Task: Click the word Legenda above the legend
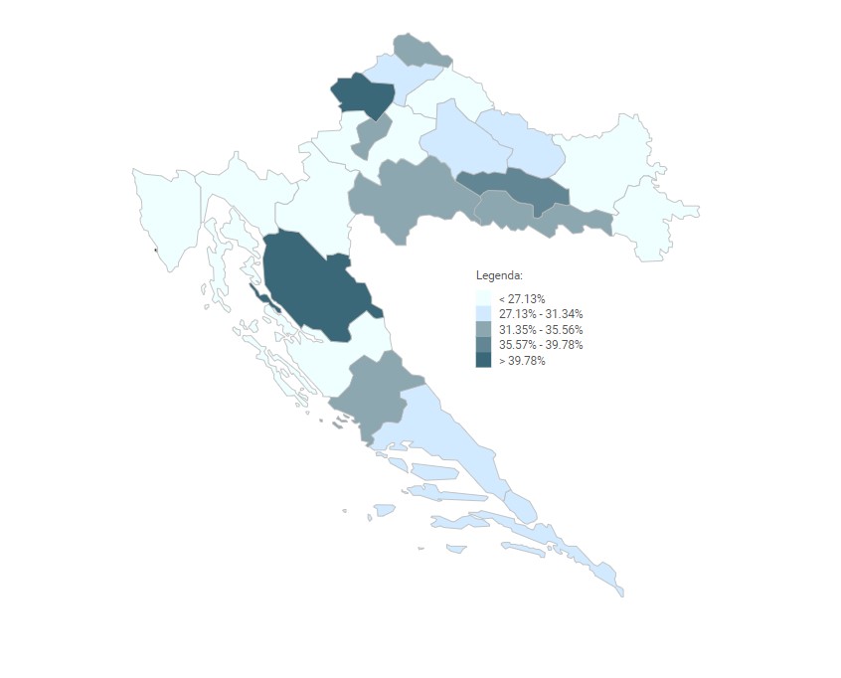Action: (499, 275)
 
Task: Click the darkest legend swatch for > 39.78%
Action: (483, 361)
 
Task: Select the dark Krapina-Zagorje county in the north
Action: (361, 94)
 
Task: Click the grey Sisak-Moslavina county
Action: (408, 194)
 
